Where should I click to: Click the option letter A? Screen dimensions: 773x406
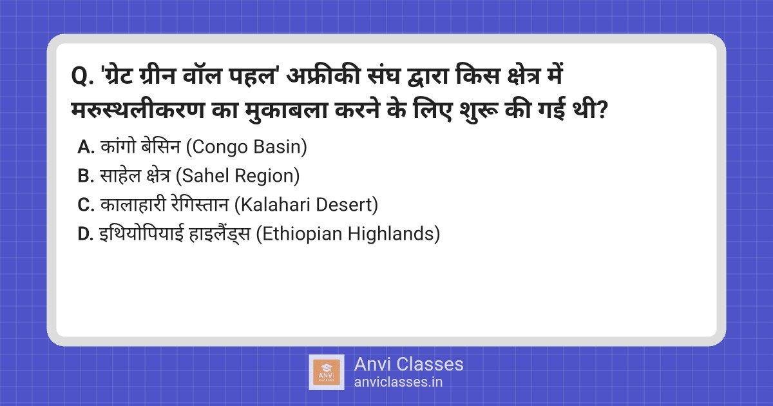(86, 147)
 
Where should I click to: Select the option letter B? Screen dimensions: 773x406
(86, 176)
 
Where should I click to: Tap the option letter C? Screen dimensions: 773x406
(86, 205)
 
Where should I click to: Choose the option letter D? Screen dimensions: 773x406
(86, 234)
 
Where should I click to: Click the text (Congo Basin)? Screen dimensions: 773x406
(246, 147)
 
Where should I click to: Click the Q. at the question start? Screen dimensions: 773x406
(82, 76)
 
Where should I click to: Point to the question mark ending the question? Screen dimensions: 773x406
(601, 110)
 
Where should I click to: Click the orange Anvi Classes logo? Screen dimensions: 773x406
(327, 372)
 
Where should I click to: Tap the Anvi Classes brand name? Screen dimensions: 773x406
(408, 364)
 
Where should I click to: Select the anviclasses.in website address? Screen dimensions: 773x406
(398, 382)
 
